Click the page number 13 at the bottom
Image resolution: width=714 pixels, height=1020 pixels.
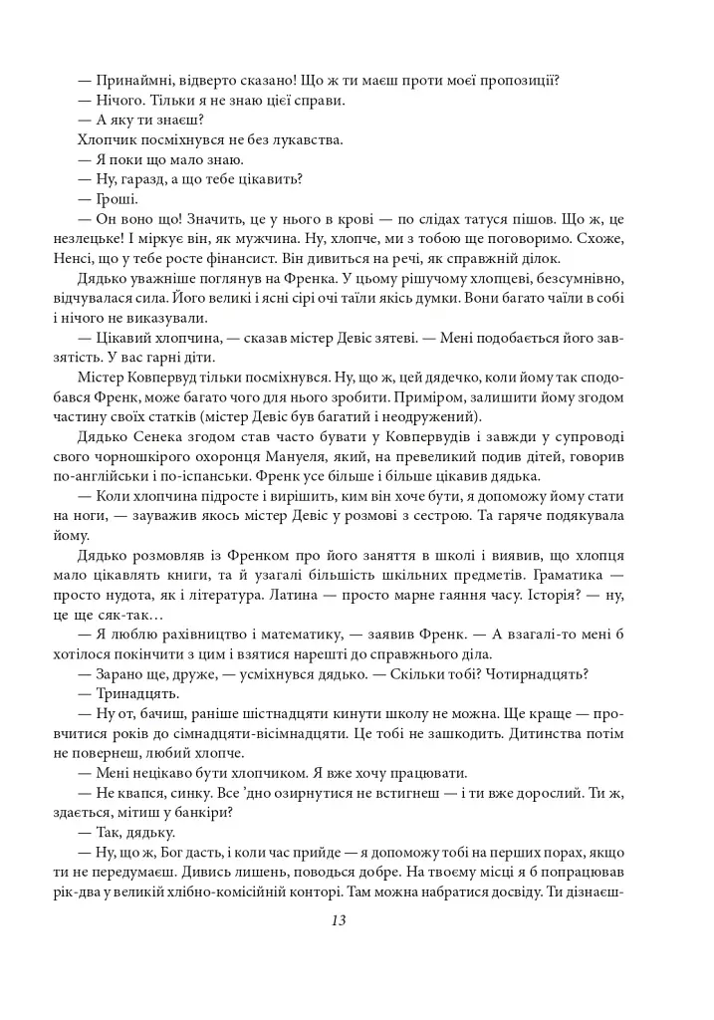pyautogui.click(x=338, y=920)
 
